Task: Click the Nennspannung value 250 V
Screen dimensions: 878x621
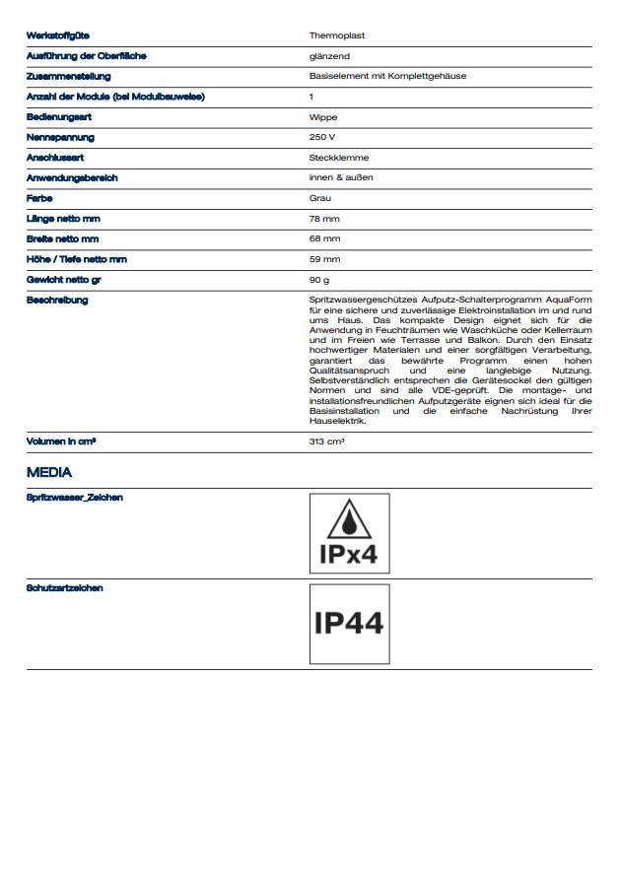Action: [x=322, y=137]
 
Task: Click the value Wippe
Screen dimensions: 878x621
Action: [x=323, y=117]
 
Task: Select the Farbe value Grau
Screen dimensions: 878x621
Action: [x=320, y=198]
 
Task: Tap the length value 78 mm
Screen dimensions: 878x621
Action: [x=324, y=219]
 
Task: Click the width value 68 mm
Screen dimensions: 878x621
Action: [x=324, y=238]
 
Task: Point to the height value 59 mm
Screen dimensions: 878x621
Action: [x=324, y=259]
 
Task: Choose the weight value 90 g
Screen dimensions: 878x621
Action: [x=319, y=280]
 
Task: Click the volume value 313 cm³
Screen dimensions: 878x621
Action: [x=327, y=441]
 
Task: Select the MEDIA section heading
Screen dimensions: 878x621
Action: [x=49, y=473]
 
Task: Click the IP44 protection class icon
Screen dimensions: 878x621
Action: [x=348, y=624]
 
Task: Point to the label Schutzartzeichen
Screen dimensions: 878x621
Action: [x=65, y=588]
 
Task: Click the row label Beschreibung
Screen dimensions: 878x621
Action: [x=57, y=300]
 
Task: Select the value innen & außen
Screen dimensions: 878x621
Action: [x=341, y=177]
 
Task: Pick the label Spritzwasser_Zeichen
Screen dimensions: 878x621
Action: [x=74, y=498]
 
